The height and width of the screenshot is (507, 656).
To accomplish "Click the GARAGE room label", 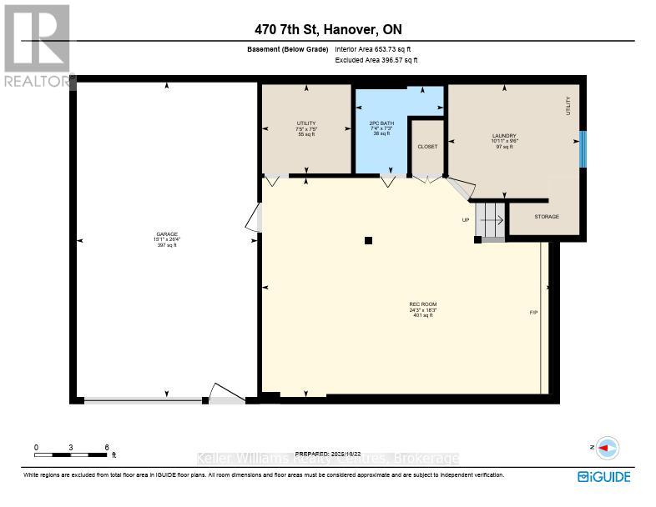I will click(x=166, y=233).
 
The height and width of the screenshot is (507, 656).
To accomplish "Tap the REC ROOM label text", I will click(x=423, y=304).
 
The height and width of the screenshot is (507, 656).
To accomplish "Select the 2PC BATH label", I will click(x=381, y=123).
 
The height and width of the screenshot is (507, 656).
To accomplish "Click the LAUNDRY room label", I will click(x=504, y=136).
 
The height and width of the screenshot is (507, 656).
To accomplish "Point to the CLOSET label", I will click(x=427, y=146).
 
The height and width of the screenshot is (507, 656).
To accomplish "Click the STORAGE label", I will click(x=547, y=217).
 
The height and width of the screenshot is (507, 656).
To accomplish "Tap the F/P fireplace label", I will click(x=533, y=313).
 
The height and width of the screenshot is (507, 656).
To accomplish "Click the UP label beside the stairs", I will click(x=466, y=220).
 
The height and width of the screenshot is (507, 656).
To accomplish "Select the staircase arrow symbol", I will click(x=492, y=221).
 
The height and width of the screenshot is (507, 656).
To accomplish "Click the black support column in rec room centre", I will click(x=368, y=241).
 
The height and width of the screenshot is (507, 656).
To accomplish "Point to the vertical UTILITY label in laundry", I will click(x=568, y=106).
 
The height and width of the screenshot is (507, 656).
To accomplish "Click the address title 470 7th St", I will click(x=328, y=29).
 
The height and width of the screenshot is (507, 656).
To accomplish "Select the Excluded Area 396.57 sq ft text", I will click(x=376, y=60).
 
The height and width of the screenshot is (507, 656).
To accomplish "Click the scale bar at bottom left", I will click(x=73, y=454).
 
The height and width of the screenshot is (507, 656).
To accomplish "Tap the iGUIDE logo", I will click(x=603, y=476).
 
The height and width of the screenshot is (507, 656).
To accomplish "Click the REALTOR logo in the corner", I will click(x=38, y=46).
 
